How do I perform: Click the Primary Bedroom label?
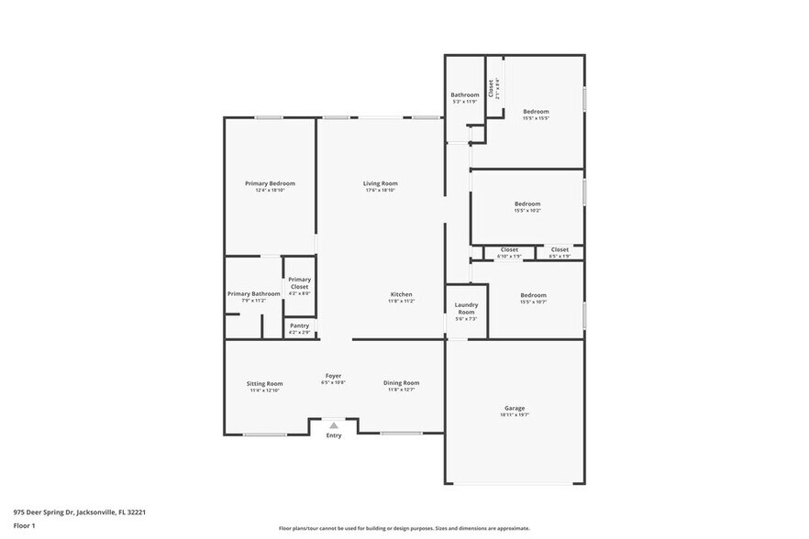(x=270, y=183)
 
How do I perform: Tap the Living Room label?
(x=380, y=183)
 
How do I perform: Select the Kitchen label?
(x=400, y=294)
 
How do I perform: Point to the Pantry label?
(x=299, y=325)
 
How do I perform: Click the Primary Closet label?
(x=299, y=283)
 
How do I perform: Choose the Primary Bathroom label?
(x=253, y=293)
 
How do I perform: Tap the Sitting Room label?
(x=264, y=383)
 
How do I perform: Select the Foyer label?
(x=333, y=376)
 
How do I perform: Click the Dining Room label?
(x=401, y=383)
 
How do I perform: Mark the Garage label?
(x=515, y=408)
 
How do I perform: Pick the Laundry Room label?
(x=466, y=308)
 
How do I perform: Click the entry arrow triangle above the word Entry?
(x=334, y=425)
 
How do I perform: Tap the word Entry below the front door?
(x=334, y=435)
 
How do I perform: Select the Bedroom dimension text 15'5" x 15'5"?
(x=535, y=118)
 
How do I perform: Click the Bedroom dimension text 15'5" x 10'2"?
(x=527, y=211)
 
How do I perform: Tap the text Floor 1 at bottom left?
(x=24, y=526)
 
